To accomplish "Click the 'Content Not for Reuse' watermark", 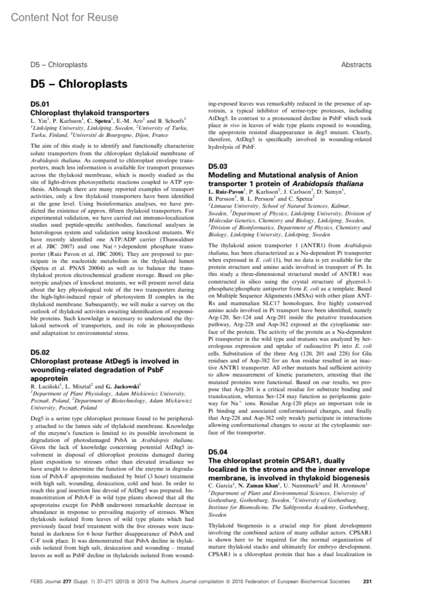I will (x=64, y=17).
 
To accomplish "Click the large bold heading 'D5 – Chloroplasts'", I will (x=79, y=84).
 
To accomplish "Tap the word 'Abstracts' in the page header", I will (x=356, y=65).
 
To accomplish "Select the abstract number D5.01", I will (x=40, y=104).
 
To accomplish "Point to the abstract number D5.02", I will (x=40, y=352).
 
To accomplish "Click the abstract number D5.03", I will (x=218, y=166).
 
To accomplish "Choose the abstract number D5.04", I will (x=218, y=452).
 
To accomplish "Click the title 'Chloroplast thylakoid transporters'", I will (x=90, y=113).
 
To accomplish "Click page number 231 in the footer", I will (x=367, y=581).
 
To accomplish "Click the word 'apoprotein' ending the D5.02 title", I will (x=49, y=378).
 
